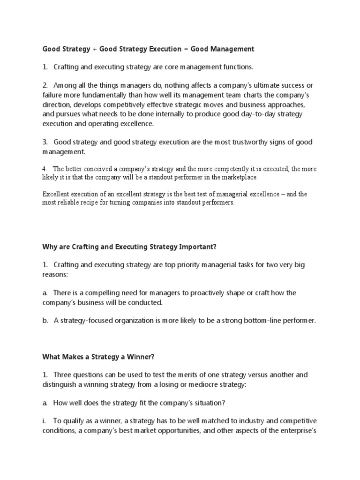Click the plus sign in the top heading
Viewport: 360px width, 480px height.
95,49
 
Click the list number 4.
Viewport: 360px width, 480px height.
45,169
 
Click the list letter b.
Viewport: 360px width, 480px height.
45,321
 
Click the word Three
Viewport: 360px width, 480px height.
64,375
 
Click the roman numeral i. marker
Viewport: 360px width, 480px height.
45,421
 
